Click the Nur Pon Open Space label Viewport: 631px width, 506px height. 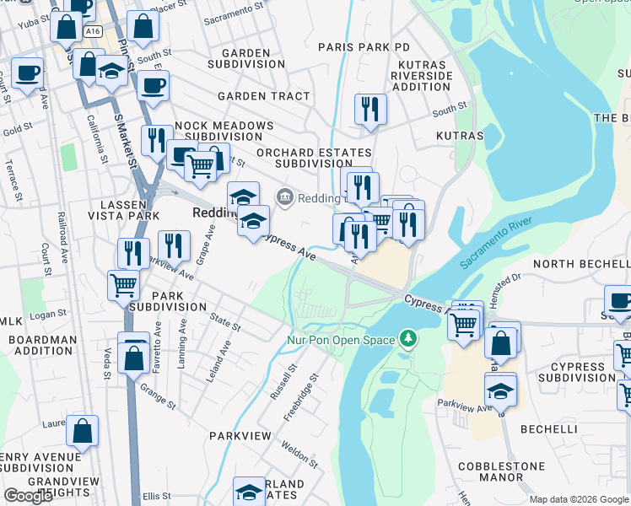click(341, 340)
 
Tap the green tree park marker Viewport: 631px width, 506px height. click(409, 339)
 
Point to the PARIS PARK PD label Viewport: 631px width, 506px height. click(364, 47)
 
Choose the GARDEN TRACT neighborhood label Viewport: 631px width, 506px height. click(264, 96)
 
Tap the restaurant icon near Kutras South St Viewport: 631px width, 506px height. click(370, 109)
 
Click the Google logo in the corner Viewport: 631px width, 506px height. click(28, 496)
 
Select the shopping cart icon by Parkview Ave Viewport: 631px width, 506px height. click(123, 286)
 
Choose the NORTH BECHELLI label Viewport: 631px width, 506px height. click(581, 264)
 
